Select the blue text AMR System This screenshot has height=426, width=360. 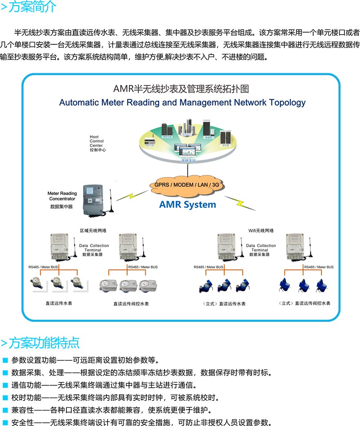187,204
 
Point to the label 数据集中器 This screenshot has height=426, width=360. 61,207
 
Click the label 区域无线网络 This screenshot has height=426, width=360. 93,231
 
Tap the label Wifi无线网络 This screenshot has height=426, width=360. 261,231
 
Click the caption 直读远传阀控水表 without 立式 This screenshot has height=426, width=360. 131,304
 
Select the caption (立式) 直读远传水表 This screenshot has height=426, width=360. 224,304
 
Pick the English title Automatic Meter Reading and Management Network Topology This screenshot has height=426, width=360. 182,102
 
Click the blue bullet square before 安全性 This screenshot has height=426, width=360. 5,422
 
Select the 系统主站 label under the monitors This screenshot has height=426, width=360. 189,161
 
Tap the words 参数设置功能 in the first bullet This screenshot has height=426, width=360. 30,360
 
